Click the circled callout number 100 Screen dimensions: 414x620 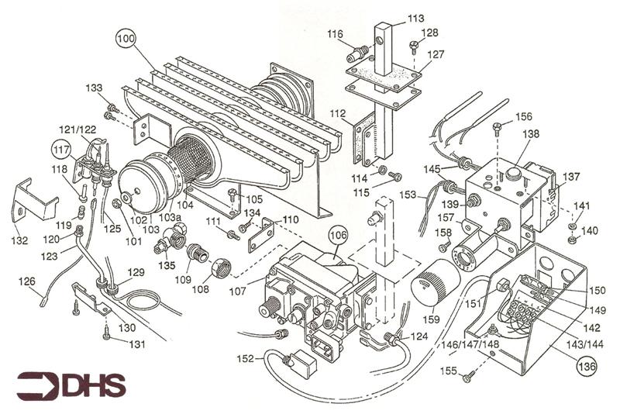pyautogui.click(x=126, y=36)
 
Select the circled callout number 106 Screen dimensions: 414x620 pyautogui.click(x=337, y=233)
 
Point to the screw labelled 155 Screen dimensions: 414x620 pyautogui.click(x=469, y=378)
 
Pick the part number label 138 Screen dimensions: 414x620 pyautogui.click(x=530, y=133)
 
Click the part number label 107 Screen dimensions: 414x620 pyautogui.click(x=237, y=291)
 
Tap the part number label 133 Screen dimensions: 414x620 pyautogui.click(x=94, y=88)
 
